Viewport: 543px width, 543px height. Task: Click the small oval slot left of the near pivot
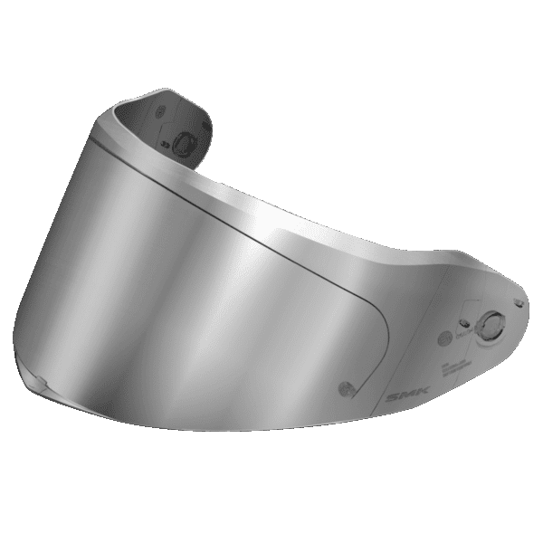coord(462,318)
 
